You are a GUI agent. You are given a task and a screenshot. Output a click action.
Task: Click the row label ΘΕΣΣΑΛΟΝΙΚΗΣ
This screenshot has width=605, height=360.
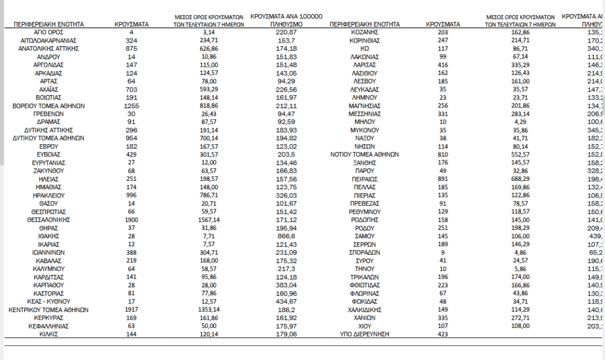click(x=49, y=219)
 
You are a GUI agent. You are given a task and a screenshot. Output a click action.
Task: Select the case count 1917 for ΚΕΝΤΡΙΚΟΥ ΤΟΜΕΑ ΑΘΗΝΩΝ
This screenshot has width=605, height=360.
click(x=131, y=309)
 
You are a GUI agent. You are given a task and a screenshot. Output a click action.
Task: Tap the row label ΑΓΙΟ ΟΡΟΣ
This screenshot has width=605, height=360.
click(x=49, y=31)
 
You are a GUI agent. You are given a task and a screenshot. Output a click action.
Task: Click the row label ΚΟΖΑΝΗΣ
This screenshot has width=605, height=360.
click(x=366, y=31)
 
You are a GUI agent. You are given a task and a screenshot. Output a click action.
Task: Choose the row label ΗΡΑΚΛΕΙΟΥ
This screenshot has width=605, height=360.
click(x=49, y=194)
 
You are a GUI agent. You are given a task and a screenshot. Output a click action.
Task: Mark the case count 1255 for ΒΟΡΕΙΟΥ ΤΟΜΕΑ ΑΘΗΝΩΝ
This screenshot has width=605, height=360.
click(x=131, y=105)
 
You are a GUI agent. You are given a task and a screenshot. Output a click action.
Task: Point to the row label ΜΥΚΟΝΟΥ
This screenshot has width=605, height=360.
click(x=366, y=129)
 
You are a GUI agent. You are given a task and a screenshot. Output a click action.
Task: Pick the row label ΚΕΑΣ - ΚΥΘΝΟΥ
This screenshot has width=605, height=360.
click(x=49, y=301)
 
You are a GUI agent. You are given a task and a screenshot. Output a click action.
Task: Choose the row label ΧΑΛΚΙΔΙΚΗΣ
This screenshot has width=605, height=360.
click(x=366, y=309)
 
